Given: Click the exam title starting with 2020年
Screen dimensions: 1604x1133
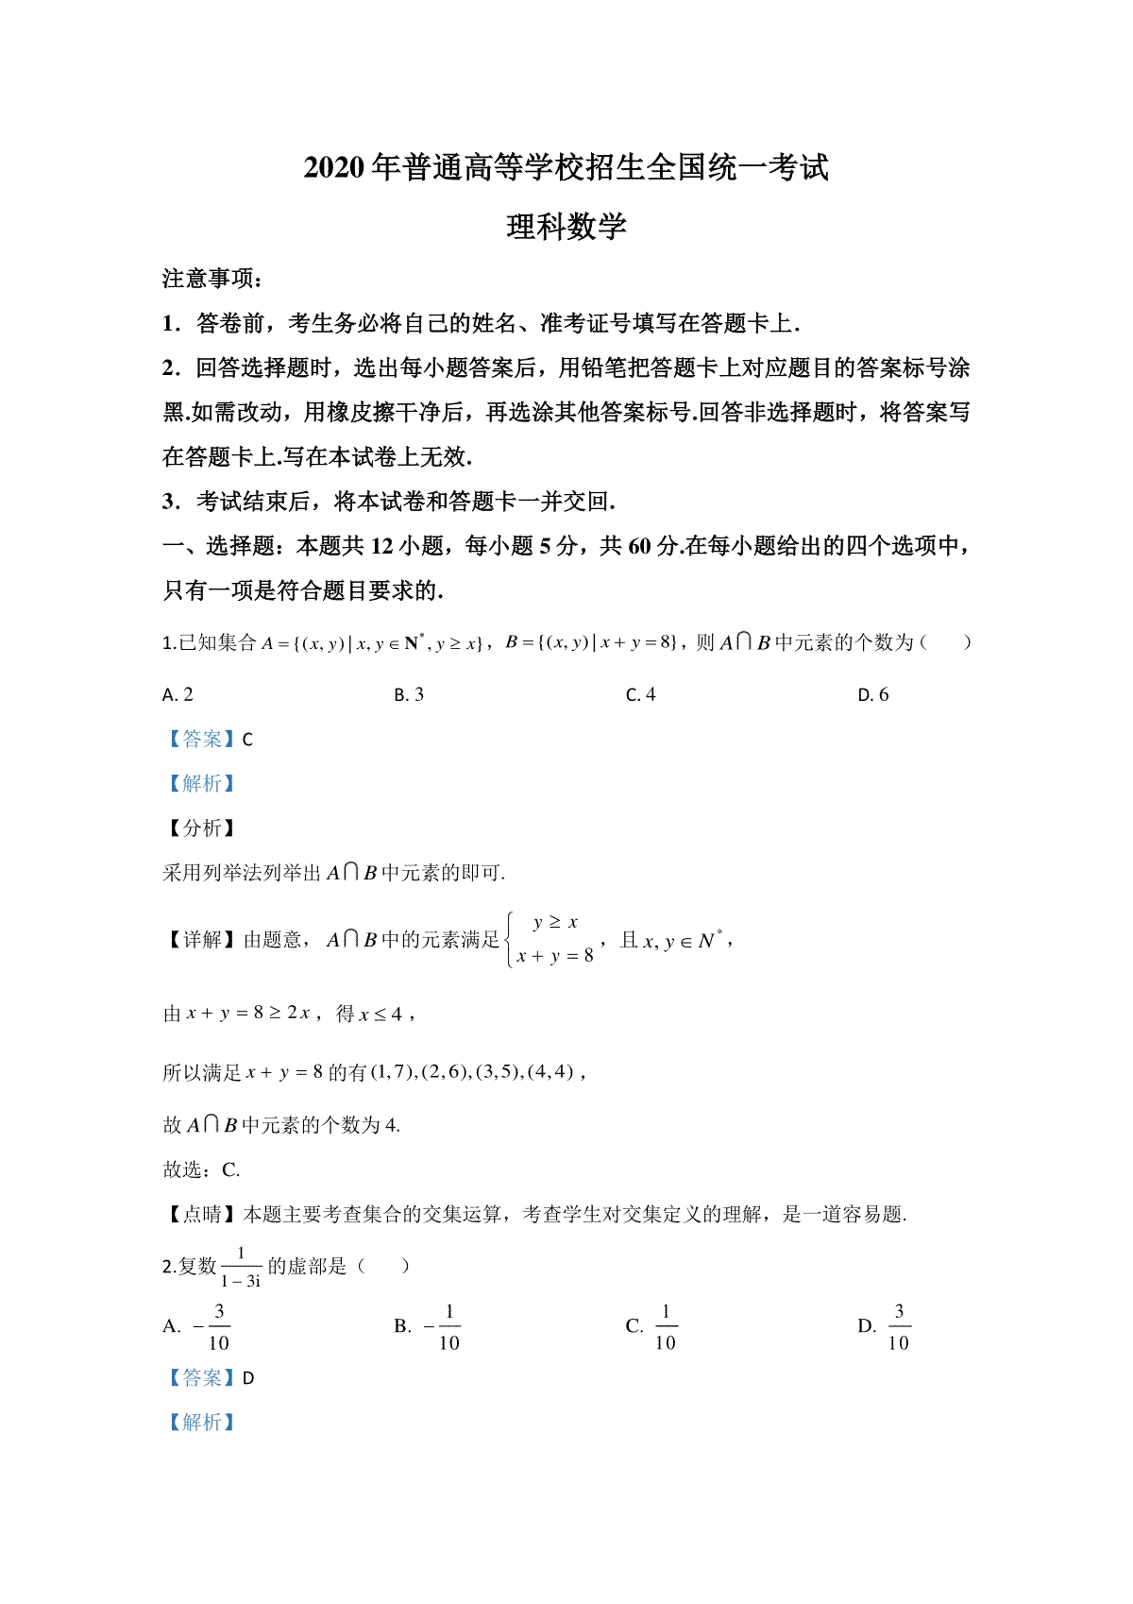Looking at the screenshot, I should tap(566, 167).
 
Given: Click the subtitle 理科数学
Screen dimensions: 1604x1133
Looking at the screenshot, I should tap(566, 227).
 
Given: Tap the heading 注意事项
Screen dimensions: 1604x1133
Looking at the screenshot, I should tap(211, 279).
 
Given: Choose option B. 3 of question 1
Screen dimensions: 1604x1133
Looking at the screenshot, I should tap(409, 695).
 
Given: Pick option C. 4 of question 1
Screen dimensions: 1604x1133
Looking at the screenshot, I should tap(640, 695).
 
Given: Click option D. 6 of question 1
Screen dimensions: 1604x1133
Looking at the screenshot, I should tap(872, 695).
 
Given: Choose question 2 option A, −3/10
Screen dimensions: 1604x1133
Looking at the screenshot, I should tap(197, 1326).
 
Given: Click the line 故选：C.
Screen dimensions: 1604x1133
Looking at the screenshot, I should tap(201, 1170).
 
